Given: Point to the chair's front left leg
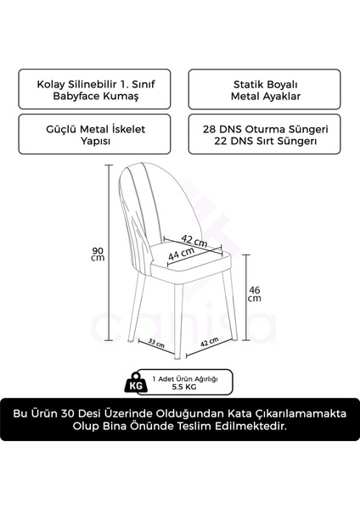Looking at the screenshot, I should tap(154, 318).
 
